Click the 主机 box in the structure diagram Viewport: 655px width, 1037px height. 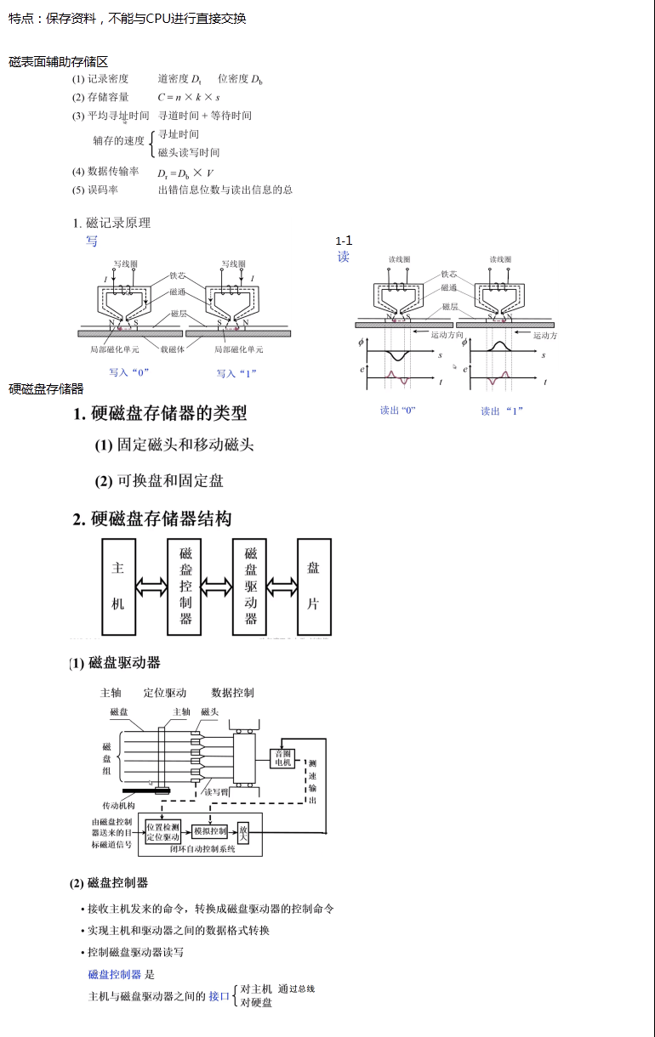(x=118, y=586)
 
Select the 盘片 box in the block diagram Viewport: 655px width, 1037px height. (x=313, y=586)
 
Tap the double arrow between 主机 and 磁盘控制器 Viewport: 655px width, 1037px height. (x=151, y=586)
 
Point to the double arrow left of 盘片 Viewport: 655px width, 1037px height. (x=282, y=586)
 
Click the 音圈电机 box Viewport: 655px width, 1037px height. (x=282, y=758)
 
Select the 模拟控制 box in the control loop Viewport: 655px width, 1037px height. (x=210, y=831)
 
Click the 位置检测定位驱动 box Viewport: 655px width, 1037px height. (x=162, y=832)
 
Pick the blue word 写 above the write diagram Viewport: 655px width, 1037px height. (x=92, y=241)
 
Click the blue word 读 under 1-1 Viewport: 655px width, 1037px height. (x=343, y=257)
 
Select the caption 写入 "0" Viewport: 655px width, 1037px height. (x=129, y=372)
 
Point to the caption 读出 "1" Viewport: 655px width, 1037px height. (x=502, y=411)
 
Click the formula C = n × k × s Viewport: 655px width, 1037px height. (x=189, y=97)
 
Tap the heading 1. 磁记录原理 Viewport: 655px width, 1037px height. (x=111, y=223)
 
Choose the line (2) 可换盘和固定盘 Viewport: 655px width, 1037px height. (x=159, y=481)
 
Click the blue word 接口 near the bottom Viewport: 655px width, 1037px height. (x=219, y=996)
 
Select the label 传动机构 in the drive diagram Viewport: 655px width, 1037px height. (x=119, y=805)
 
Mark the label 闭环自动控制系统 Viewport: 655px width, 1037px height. (x=202, y=849)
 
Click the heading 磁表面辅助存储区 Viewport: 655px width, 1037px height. (x=59, y=62)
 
